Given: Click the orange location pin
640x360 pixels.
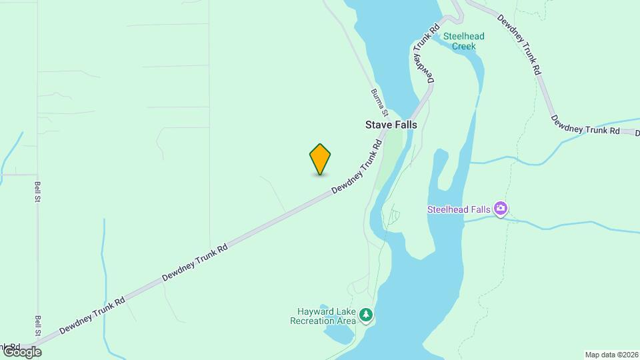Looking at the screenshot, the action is [320, 159].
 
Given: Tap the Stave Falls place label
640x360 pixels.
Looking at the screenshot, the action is [391, 125].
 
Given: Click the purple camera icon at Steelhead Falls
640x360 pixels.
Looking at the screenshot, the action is [501, 209].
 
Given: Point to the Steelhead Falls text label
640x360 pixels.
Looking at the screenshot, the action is [459, 210].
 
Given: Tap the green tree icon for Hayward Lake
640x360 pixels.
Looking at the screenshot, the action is [365, 314].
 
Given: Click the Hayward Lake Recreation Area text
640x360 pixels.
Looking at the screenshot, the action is [323, 316].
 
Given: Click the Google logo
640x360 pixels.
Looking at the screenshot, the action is [21, 351].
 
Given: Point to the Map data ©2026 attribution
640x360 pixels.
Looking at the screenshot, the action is [611, 355].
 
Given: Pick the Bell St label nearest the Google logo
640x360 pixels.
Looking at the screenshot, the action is [39, 326].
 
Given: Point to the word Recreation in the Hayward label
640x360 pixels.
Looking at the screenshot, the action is [313, 321].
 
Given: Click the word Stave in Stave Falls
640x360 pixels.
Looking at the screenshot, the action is [377, 125].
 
